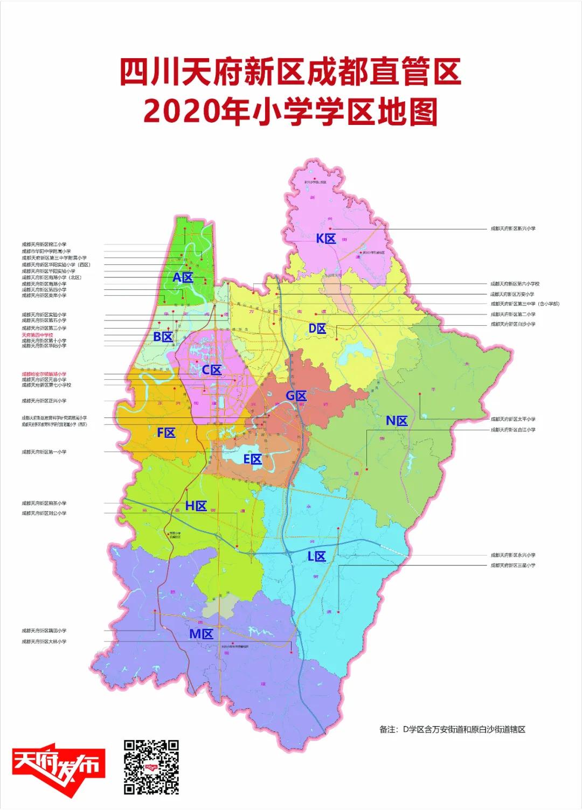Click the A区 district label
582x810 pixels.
(x=183, y=278)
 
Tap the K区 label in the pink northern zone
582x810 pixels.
(x=326, y=239)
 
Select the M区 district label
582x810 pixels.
(x=202, y=634)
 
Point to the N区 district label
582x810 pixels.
(x=397, y=421)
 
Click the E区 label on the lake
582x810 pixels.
(x=253, y=459)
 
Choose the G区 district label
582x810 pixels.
(x=296, y=396)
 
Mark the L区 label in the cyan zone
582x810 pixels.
(x=316, y=557)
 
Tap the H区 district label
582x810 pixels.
(x=196, y=506)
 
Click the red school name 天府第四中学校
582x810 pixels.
(x=37, y=335)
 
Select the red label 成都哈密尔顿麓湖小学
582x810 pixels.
(x=44, y=374)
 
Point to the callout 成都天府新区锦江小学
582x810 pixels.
(x=44, y=245)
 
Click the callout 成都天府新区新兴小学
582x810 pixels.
(x=512, y=228)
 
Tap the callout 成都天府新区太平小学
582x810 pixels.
(x=512, y=419)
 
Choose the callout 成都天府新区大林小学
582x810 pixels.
(x=44, y=641)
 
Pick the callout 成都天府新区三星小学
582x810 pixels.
(x=512, y=565)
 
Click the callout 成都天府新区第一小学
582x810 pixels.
(x=44, y=452)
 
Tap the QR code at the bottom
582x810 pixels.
(x=151, y=767)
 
